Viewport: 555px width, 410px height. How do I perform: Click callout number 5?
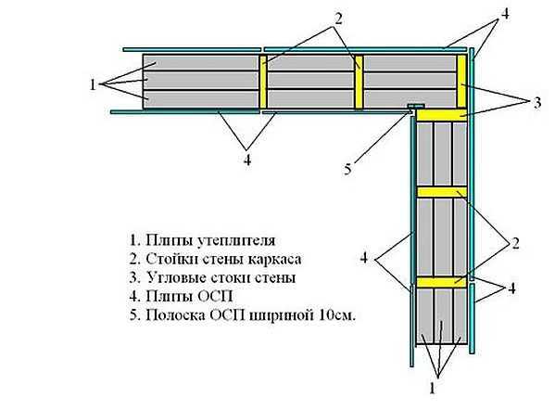pos(348,169)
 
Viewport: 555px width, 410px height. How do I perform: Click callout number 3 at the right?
pos(537,103)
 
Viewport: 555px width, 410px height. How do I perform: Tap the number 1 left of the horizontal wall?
pos(93,84)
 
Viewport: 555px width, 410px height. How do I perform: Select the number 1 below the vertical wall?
pos(432,389)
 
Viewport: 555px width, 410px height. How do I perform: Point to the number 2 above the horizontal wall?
pos(338,19)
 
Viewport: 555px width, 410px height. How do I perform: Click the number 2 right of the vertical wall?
pos(515,243)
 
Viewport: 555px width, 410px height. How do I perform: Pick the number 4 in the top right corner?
pos(505,14)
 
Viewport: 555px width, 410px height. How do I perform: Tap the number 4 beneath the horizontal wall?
pos(247,160)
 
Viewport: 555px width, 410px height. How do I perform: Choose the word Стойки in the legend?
pos(170,259)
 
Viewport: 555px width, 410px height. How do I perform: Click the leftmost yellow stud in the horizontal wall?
pos(263,82)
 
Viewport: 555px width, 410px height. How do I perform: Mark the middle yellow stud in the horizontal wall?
pos(359,82)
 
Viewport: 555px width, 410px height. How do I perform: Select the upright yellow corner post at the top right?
pos(461,81)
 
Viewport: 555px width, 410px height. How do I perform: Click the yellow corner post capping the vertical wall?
pos(442,115)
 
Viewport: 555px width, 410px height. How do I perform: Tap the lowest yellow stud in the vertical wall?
pos(442,282)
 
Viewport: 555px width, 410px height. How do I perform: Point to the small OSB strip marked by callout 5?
pos(415,106)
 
